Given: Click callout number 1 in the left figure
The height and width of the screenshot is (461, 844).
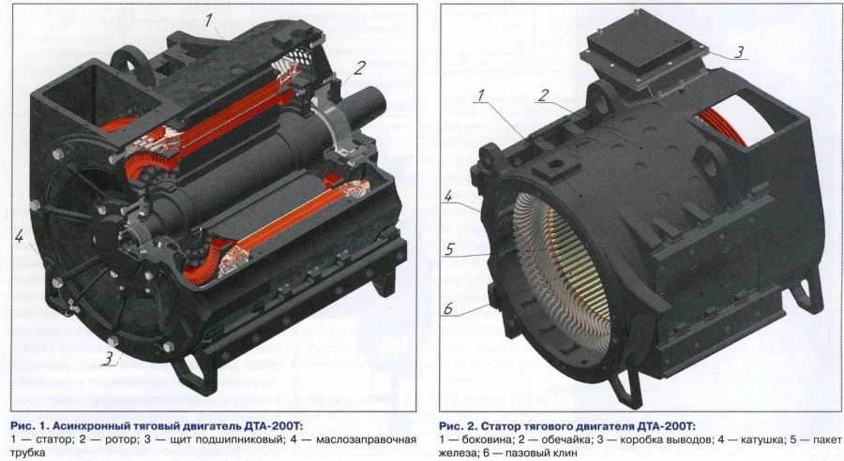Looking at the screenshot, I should click(x=211, y=18).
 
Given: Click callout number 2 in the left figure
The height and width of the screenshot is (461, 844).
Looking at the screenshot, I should click(x=359, y=67).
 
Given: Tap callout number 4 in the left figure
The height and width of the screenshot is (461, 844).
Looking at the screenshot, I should click(x=20, y=237).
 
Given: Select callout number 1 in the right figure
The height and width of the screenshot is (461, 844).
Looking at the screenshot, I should click(x=480, y=96).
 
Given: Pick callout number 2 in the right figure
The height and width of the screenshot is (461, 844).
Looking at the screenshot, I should click(x=542, y=95).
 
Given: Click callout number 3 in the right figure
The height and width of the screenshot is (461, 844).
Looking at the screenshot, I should click(x=739, y=52).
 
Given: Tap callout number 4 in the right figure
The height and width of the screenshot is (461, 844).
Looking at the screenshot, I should click(x=449, y=197).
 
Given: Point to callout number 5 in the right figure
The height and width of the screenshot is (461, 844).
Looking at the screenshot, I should click(x=449, y=250).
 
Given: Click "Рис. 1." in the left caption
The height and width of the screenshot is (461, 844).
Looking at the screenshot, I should click(x=28, y=424).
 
